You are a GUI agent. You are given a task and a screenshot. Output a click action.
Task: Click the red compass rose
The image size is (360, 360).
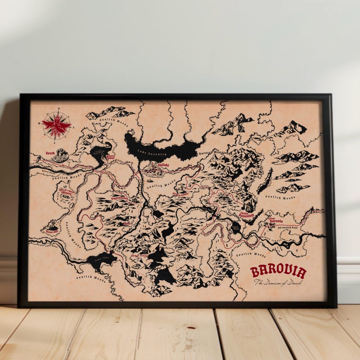click(x=56, y=124)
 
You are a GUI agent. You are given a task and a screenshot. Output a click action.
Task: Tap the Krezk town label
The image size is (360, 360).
click(x=50, y=153)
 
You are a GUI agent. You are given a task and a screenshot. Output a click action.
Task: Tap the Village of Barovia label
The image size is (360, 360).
click(x=275, y=220)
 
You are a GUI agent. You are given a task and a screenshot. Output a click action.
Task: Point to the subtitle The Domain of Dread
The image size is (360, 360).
click(x=278, y=283)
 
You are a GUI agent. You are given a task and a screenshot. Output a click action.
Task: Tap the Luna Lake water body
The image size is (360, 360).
click(x=100, y=260)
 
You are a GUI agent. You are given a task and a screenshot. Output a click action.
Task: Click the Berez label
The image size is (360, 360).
click(x=126, y=223)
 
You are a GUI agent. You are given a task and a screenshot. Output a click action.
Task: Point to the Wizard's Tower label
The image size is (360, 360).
click(x=111, y=157)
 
